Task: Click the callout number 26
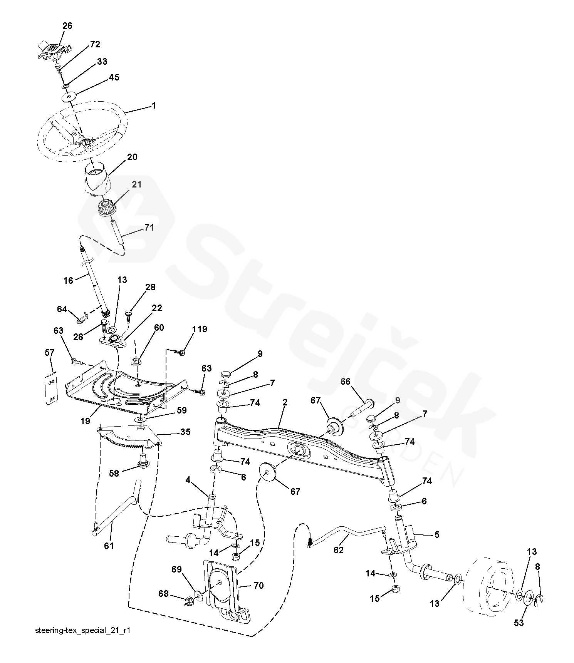coord(67,26)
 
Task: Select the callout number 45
coord(114,77)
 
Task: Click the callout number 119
coord(200,329)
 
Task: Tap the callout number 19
coord(85,421)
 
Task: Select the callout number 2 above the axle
coord(285,403)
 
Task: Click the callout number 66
coord(346,382)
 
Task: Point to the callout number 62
coord(338,550)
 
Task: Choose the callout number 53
coord(519,623)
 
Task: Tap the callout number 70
coord(259,586)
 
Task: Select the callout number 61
coord(109,546)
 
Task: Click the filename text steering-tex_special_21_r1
coord(82,641)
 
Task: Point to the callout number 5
coord(436,534)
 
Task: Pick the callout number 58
coord(114,474)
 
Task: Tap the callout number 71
coord(149,228)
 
